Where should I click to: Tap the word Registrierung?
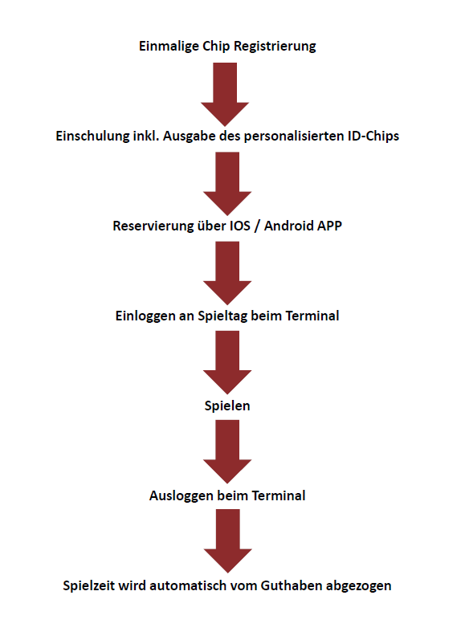[x=275, y=47]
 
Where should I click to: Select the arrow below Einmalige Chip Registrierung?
[x=225, y=94]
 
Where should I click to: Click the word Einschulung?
[x=92, y=136]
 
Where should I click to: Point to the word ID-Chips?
[x=373, y=136]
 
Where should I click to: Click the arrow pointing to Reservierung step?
[x=227, y=184]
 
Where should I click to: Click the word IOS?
[x=240, y=226]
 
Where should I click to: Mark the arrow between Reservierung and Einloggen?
[x=227, y=273]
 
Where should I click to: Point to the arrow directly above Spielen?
[x=227, y=363]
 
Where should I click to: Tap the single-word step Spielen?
[x=227, y=406]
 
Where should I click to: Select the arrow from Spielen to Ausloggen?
[x=227, y=452]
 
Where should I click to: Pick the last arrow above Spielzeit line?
[x=227, y=541]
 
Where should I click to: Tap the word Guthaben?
[x=292, y=585]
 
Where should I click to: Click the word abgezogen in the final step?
[x=359, y=586]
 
